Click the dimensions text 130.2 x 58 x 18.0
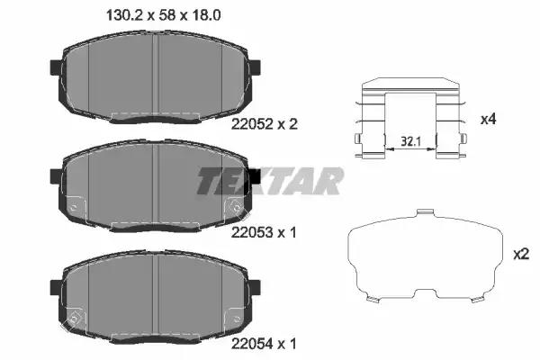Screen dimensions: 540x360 point(164,15)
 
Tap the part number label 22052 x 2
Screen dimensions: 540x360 point(264,124)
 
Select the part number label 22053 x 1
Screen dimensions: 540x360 point(264,233)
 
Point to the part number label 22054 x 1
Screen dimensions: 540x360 point(264,344)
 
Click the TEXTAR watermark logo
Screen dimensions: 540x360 point(271,181)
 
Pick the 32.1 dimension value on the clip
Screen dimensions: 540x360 point(410,141)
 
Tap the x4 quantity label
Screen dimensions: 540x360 point(489,120)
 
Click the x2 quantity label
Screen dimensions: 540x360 point(521,255)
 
